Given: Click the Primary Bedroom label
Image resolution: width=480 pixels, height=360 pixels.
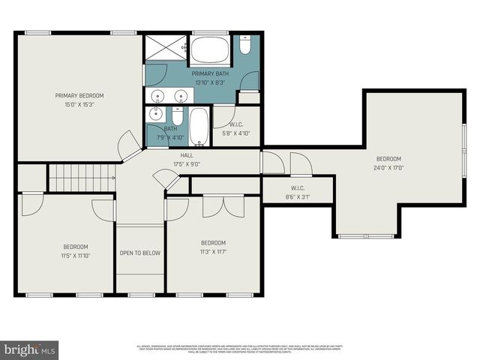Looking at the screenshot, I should (79, 96).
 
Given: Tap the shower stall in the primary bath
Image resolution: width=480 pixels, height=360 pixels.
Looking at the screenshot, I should (165, 47).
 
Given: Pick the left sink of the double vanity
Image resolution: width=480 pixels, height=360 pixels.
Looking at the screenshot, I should (157, 96).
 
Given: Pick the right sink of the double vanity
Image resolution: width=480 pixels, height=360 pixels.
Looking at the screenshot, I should (181, 96).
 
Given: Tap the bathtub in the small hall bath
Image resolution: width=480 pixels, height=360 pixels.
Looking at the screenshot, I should (199, 127).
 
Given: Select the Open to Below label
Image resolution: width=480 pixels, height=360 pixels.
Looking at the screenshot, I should (139, 253).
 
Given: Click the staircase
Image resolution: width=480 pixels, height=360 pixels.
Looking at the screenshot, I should (81, 178).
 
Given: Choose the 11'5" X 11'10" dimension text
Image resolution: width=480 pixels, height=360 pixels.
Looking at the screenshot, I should (75, 255).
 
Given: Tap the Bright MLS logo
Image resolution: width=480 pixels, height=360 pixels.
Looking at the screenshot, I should (30, 349).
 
